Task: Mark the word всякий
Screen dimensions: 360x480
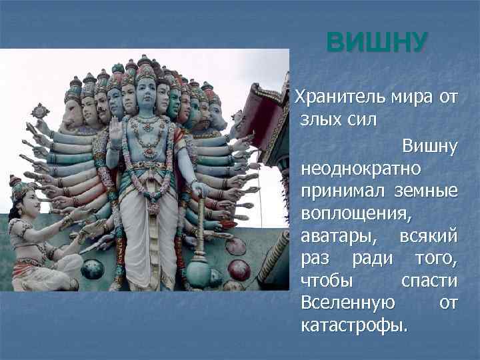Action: point(428,238)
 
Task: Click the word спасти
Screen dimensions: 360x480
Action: point(430,281)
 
